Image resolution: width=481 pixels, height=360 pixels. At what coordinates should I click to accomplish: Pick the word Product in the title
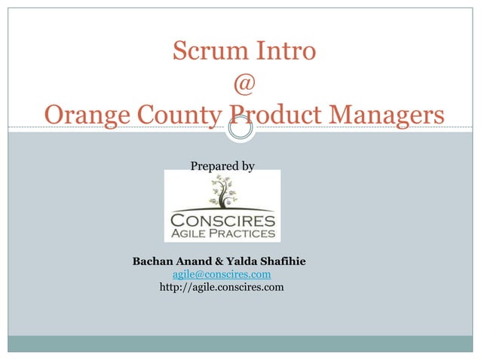pyautogui.click(x=274, y=115)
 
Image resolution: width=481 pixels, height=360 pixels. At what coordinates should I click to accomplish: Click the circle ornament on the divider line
pyautogui.click(x=240, y=129)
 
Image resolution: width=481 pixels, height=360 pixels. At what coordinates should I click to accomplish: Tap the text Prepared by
pyautogui.click(x=222, y=165)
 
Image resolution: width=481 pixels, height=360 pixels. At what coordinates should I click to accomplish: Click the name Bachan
pyautogui.click(x=153, y=262)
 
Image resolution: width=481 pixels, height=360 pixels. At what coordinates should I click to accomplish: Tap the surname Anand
pyautogui.click(x=195, y=262)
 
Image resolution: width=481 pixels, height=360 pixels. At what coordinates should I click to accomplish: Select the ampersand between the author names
pyautogui.click(x=219, y=262)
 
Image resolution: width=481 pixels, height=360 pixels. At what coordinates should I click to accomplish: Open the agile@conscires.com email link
pyautogui.click(x=222, y=274)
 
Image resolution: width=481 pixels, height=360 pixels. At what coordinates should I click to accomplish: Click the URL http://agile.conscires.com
pyautogui.click(x=222, y=287)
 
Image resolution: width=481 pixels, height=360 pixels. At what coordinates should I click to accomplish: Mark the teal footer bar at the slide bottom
pyautogui.click(x=240, y=343)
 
